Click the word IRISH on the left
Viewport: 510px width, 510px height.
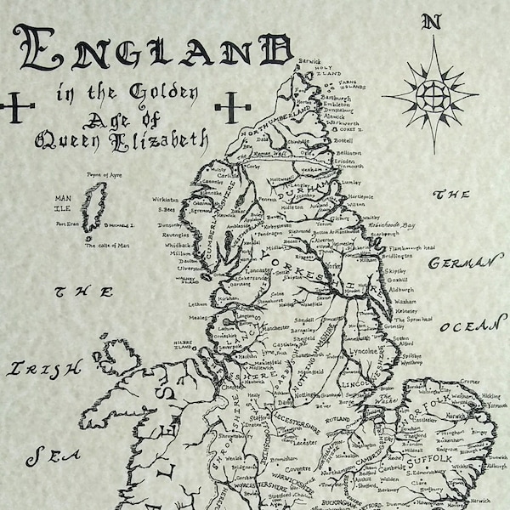coord(45,368)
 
